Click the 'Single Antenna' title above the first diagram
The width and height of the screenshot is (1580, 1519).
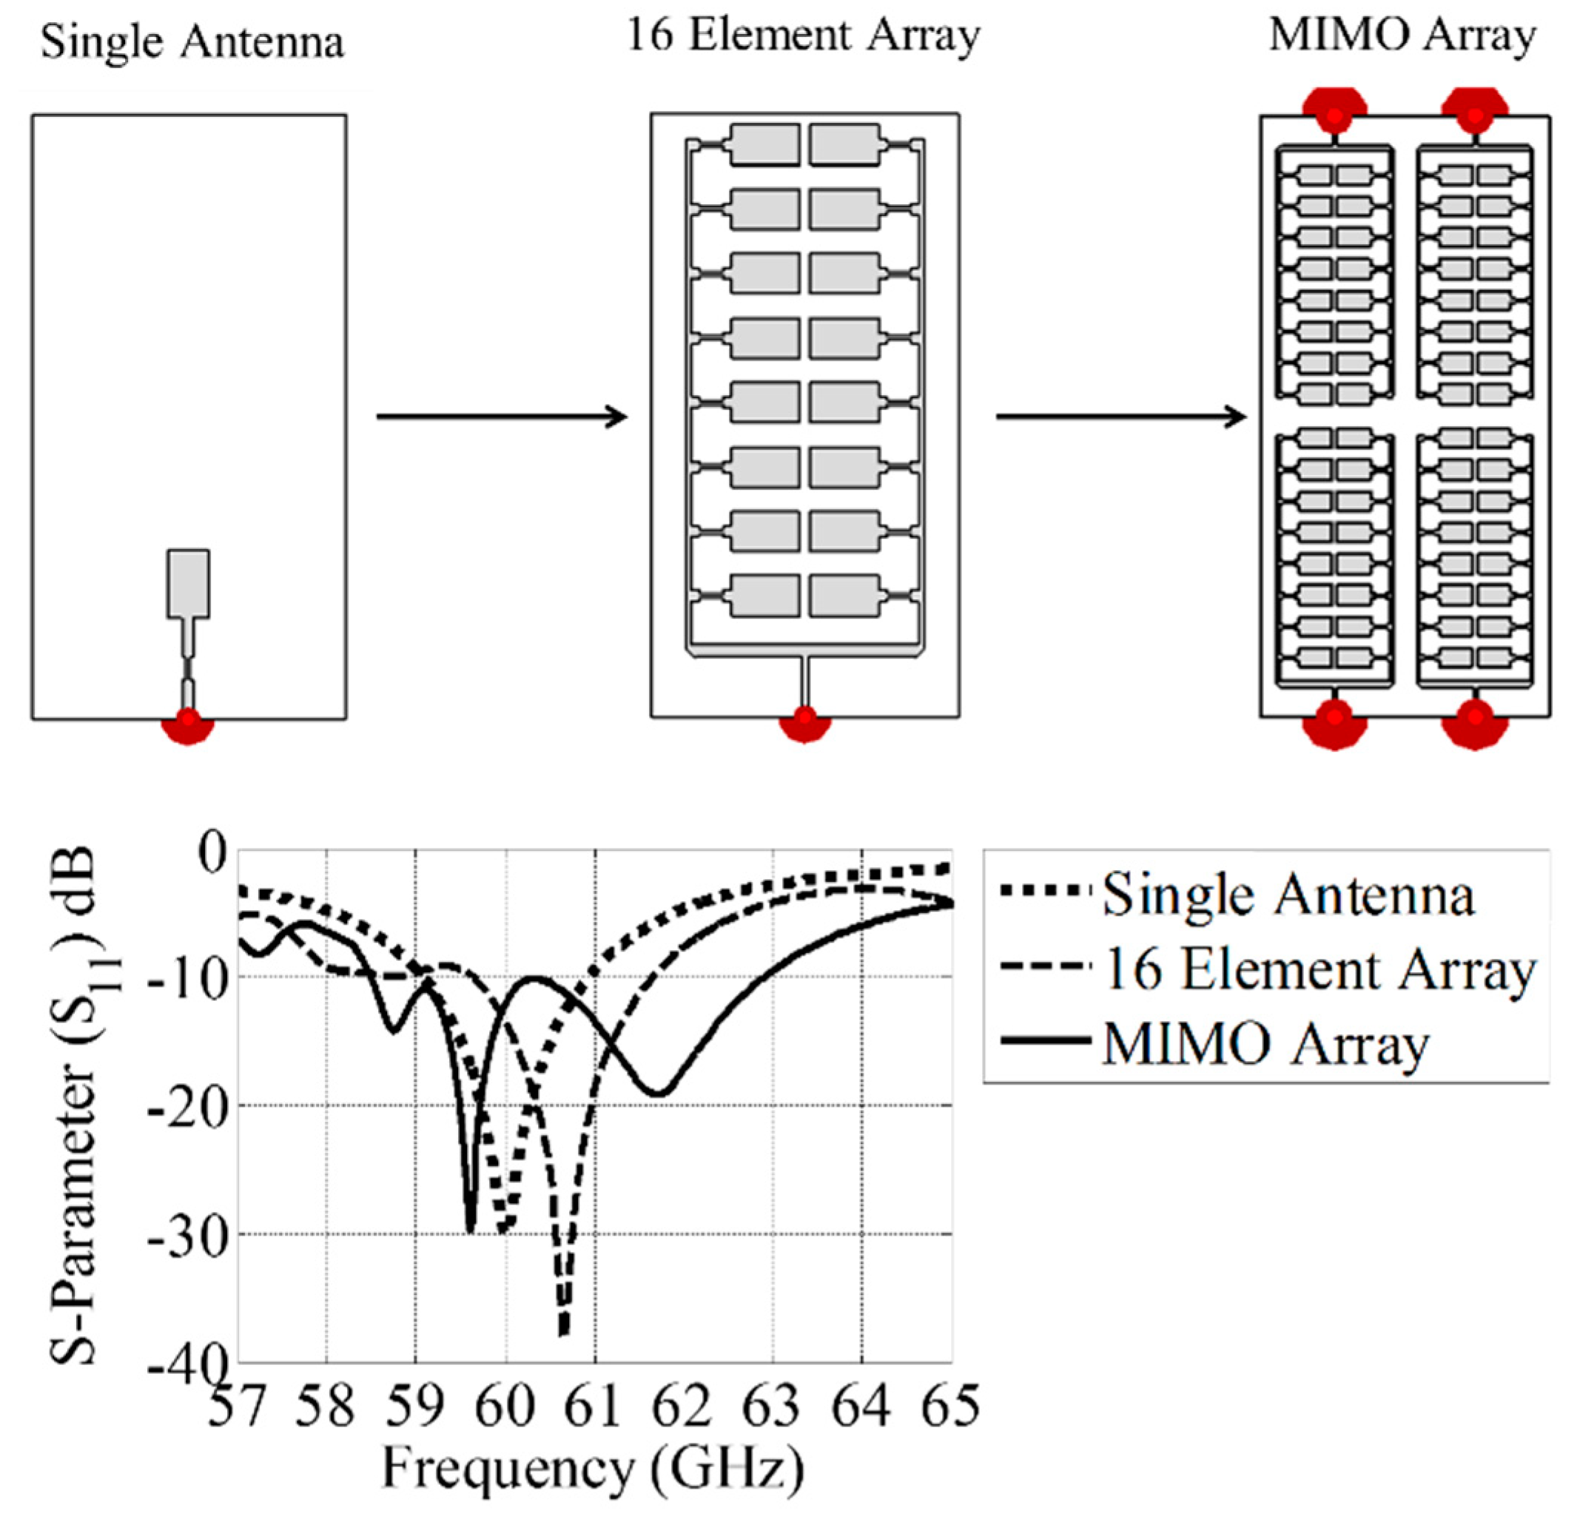[x=192, y=42]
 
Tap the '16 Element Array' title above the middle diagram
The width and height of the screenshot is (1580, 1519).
[x=803, y=36]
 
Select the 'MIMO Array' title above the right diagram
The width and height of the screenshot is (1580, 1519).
[x=1402, y=36]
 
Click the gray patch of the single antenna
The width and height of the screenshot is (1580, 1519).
[x=189, y=585]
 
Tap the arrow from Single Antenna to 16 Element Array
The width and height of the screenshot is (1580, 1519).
[x=502, y=417]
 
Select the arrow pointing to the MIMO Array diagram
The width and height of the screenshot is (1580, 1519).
[x=1120, y=417]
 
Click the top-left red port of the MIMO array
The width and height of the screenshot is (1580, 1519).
[x=1335, y=112]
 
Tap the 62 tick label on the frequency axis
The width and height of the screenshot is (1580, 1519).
[x=684, y=1407]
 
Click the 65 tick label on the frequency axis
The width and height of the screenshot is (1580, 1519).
[x=951, y=1407]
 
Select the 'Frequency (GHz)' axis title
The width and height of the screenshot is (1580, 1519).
[x=593, y=1468]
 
